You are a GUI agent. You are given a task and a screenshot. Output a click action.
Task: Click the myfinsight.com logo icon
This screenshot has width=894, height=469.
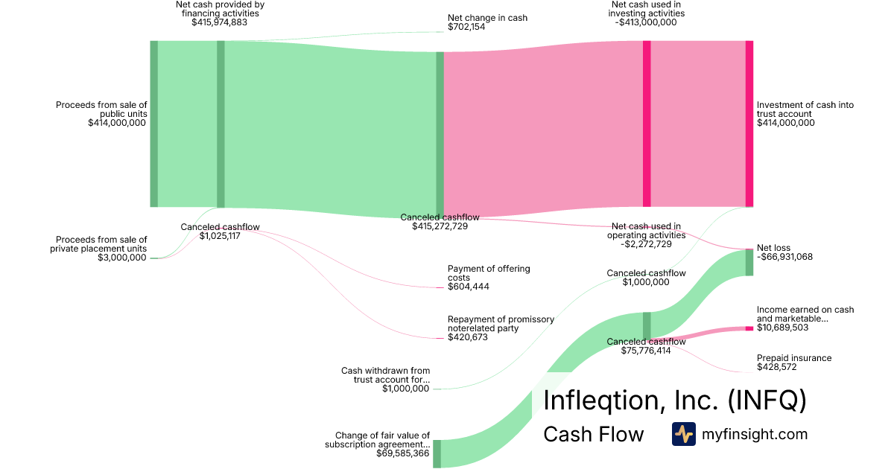point(684,434)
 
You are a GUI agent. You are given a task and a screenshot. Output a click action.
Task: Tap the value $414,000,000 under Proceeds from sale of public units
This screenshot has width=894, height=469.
point(117,123)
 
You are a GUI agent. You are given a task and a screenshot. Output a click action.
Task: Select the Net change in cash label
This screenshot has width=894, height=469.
point(487,18)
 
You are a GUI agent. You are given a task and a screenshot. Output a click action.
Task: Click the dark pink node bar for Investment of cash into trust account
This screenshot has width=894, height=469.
point(749,124)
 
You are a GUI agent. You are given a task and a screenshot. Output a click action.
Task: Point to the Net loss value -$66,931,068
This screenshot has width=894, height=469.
point(784,257)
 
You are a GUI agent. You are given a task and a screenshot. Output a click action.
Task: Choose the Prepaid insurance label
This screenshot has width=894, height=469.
point(794,358)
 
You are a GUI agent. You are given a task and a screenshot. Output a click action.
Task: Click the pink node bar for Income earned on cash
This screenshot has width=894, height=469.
point(749,328)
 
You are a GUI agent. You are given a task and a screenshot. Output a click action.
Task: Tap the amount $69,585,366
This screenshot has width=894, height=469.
point(403,453)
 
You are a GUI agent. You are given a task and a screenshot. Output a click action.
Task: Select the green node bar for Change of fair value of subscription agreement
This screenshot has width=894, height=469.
point(437,454)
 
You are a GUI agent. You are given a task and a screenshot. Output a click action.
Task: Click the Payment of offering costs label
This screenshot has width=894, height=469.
point(489,273)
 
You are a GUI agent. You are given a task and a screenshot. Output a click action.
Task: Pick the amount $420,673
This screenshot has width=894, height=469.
point(468,337)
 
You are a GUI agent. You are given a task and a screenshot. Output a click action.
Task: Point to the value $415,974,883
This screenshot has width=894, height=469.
point(220,22)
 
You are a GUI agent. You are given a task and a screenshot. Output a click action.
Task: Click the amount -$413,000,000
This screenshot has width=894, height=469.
point(646,22)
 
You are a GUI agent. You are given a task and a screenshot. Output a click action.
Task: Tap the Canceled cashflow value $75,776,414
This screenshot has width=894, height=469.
point(646,351)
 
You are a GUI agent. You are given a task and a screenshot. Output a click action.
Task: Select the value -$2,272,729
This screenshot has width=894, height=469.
point(646,244)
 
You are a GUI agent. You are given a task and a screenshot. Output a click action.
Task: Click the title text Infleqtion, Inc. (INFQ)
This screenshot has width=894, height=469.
point(675,400)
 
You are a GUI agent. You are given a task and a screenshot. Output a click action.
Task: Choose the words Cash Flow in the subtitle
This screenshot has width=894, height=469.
point(594,434)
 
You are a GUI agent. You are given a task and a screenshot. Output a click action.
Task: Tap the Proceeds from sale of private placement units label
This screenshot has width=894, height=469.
point(98,244)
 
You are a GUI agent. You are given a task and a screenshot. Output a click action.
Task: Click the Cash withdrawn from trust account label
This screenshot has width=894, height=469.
point(386,375)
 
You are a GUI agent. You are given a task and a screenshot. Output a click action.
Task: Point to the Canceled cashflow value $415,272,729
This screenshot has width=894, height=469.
point(440,226)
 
